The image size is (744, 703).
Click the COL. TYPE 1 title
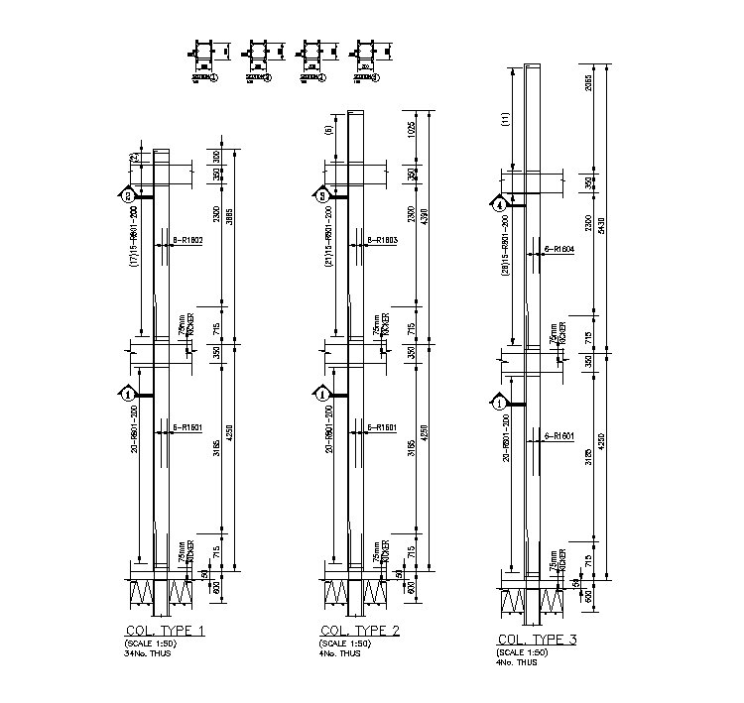(164, 631)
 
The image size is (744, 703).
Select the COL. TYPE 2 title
(360, 631)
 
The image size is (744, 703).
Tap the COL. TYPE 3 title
(536, 640)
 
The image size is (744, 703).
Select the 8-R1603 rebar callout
(382, 240)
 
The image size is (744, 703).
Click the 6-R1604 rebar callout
(559, 249)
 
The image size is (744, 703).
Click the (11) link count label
(504, 119)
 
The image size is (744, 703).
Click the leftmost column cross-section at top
(204, 51)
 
